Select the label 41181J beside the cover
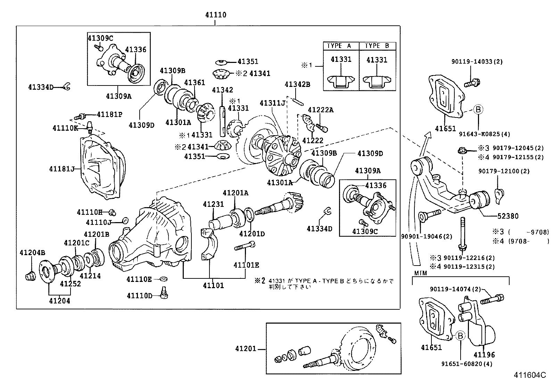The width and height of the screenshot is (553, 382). tap(62, 169)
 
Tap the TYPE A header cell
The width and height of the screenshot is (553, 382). tap(339, 46)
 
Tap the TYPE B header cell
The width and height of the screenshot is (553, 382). tap(377, 46)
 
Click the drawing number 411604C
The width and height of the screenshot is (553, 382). tap(530, 375)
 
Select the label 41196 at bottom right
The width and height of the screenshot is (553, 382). tap(484, 355)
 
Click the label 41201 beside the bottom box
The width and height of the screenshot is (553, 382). tap(245, 349)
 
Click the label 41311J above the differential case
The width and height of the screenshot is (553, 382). tap(272, 103)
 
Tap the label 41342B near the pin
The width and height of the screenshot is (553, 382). tap(297, 84)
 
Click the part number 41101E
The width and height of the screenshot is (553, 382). tap(246, 265)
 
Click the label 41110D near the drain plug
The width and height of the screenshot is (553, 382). tap(139, 295)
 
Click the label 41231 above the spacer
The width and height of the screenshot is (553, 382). tap(214, 204)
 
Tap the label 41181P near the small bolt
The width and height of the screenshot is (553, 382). tap(109, 114)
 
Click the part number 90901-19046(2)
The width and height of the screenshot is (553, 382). tap(427, 236)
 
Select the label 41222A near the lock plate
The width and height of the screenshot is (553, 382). tap(321, 110)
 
